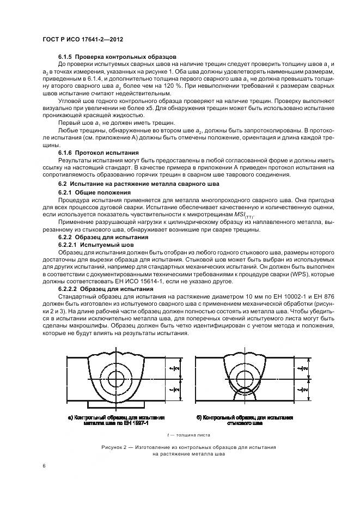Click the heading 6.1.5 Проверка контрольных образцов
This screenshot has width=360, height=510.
[x=117, y=57]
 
